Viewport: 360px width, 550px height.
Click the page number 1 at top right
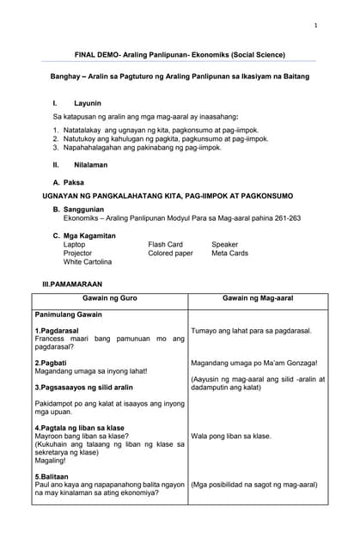pos(315,26)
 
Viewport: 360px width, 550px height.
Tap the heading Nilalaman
pos(90,162)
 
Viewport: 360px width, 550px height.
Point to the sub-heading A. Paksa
pos(69,182)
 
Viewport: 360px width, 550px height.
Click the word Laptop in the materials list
pos(75,244)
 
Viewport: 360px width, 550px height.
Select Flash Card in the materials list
pos(165,244)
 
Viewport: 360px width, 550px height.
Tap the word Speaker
pos(225,244)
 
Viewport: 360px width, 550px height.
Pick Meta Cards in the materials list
pos(229,254)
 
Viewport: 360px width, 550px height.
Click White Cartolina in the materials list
pos(88,262)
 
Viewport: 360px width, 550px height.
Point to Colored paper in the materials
pos(170,254)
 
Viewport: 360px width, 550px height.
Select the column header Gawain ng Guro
pos(109,297)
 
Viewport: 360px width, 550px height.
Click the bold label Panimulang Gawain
pos(68,315)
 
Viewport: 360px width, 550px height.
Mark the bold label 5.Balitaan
pos(53,474)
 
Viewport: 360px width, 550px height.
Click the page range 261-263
pos(284,218)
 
